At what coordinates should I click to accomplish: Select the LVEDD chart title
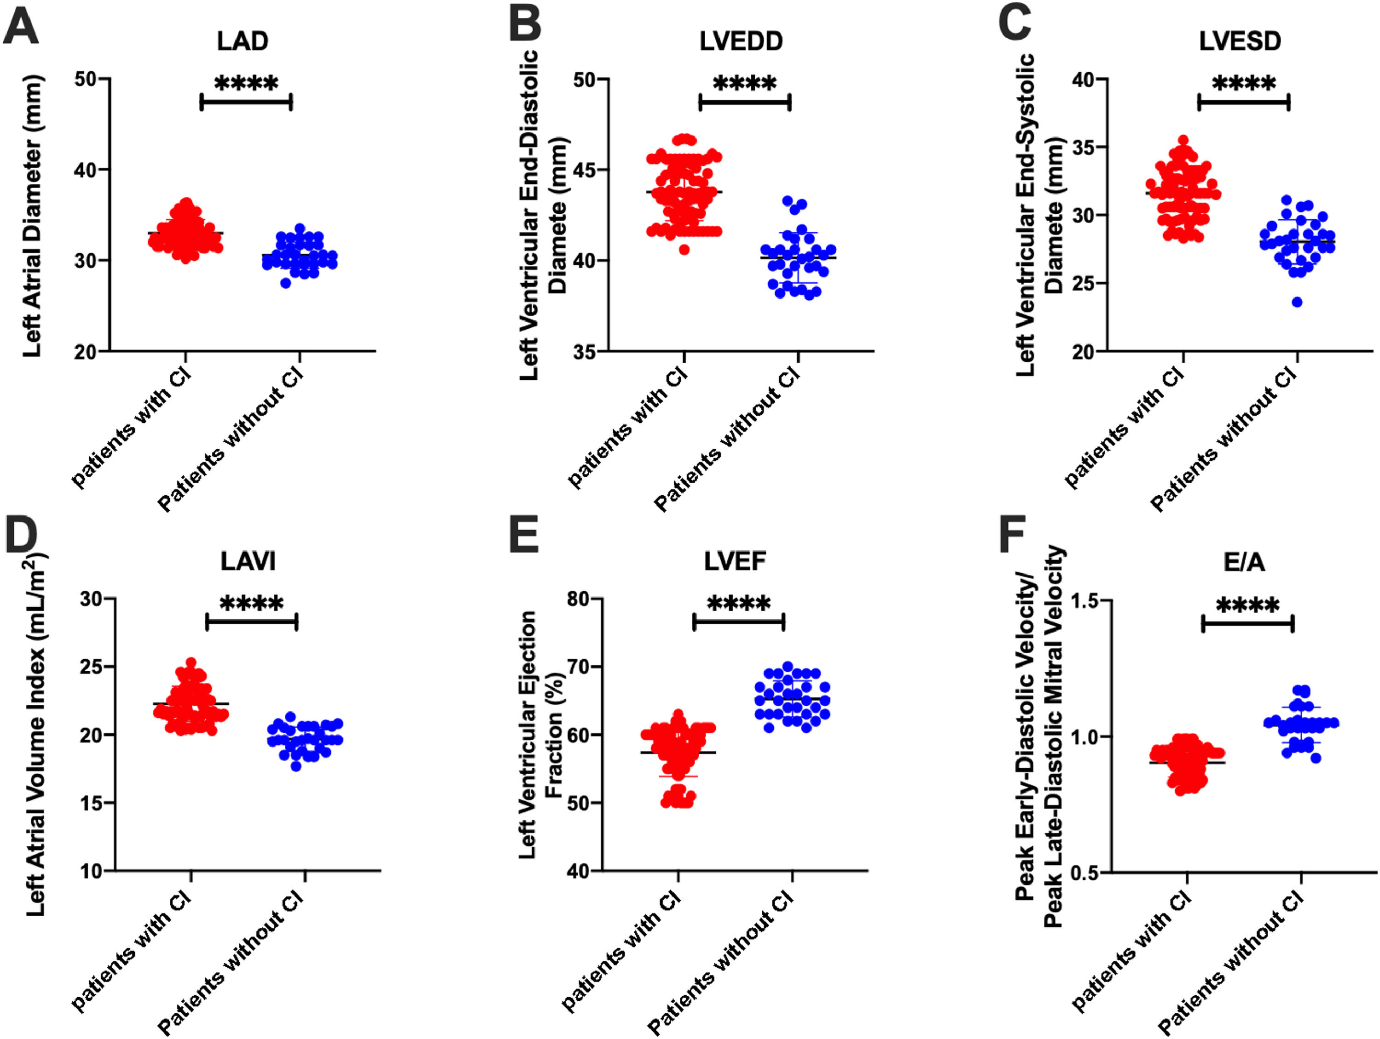coord(741,41)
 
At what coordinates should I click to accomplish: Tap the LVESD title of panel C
coord(1240,41)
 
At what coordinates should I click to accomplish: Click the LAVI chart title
coord(247,561)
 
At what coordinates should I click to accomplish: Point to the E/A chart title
coord(1244,563)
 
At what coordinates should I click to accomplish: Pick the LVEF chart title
coord(735,561)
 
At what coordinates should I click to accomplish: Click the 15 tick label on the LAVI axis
coord(91,803)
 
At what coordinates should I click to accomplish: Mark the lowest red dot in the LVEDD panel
coord(684,250)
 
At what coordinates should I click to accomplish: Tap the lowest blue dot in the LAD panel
coord(286,283)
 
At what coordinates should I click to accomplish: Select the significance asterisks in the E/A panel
coord(1248,605)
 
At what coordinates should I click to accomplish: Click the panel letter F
coord(1012,535)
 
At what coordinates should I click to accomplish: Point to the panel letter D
coord(21,535)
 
